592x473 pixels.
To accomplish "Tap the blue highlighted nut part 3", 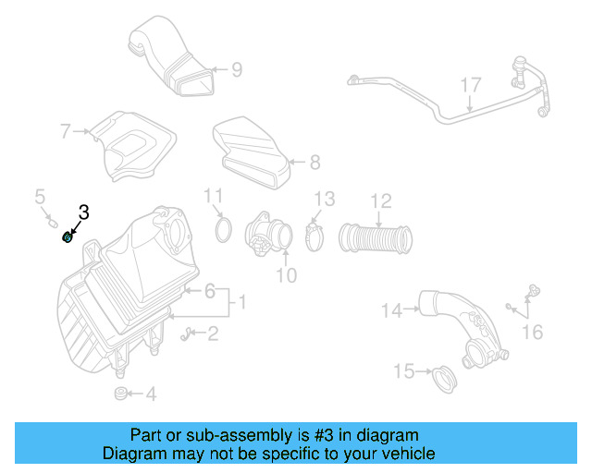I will tap(68, 237).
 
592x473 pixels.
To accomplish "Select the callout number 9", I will tap(237, 68).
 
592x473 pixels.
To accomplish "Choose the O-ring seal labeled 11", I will tap(223, 229).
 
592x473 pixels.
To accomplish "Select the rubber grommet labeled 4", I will tap(119, 394).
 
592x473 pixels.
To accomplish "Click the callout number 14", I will tap(391, 311).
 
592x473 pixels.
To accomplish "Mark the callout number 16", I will tap(533, 332).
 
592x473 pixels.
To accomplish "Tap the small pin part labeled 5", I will tap(52, 222).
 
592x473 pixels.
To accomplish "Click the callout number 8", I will tap(314, 163).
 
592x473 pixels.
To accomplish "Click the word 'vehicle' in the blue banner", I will tap(410, 454).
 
